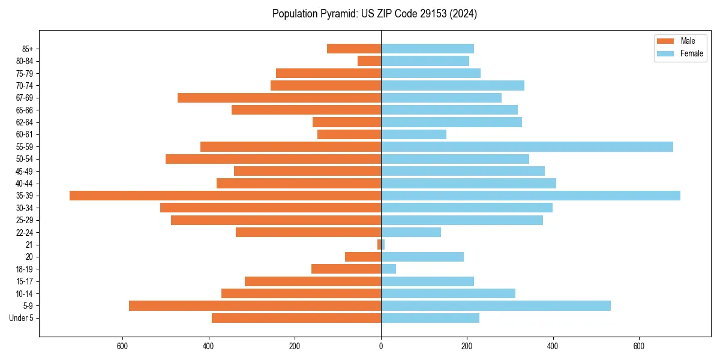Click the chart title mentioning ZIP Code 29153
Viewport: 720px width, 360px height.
pyautogui.click(x=374, y=14)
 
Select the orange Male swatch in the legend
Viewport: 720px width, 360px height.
pyautogui.click(x=665, y=41)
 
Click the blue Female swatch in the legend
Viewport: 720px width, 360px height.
pyautogui.click(x=665, y=53)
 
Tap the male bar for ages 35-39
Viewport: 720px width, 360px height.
pyautogui.click(x=225, y=196)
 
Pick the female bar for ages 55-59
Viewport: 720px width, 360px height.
pyautogui.click(x=527, y=146)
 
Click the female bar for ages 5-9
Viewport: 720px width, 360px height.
pyautogui.click(x=496, y=305)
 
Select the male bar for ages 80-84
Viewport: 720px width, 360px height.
pyautogui.click(x=369, y=61)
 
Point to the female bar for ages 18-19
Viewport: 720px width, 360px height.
pyautogui.click(x=388, y=269)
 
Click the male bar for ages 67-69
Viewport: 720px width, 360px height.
pyautogui.click(x=279, y=98)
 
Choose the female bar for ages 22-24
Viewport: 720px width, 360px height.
pyautogui.click(x=411, y=232)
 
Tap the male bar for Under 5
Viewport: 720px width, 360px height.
pyautogui.click(x=296, y=318)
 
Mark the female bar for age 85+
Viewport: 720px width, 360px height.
pyautogui.click(x=427, y=49)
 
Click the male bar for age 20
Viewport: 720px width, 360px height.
pyautogui.click(x=363, y=257)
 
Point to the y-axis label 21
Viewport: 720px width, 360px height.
pyautogui.click(x=29, y=245)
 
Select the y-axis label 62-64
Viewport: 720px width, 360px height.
pyautogui.click(x=25, y=122)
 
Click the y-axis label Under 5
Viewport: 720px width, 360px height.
pyautogui.click(x=21, y=318)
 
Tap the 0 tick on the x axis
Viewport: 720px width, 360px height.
pyautogui.click(x=381, y=346)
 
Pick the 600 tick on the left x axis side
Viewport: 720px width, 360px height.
pyautogui.click(x=122, y=346)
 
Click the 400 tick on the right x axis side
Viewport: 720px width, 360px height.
pyautogui.click(x=553, y=346)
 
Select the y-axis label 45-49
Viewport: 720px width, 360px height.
pyautogui.click(x=25, y=171)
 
